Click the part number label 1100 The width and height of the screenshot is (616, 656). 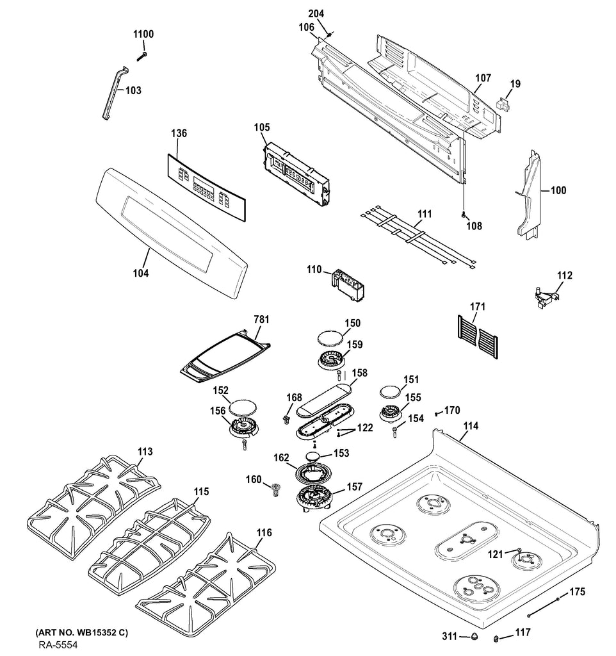pos(143,34)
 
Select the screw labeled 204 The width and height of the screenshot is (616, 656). pos(328,35)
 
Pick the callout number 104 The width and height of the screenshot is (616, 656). pos(141,273)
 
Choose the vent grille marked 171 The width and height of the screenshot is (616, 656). pos(478,337)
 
